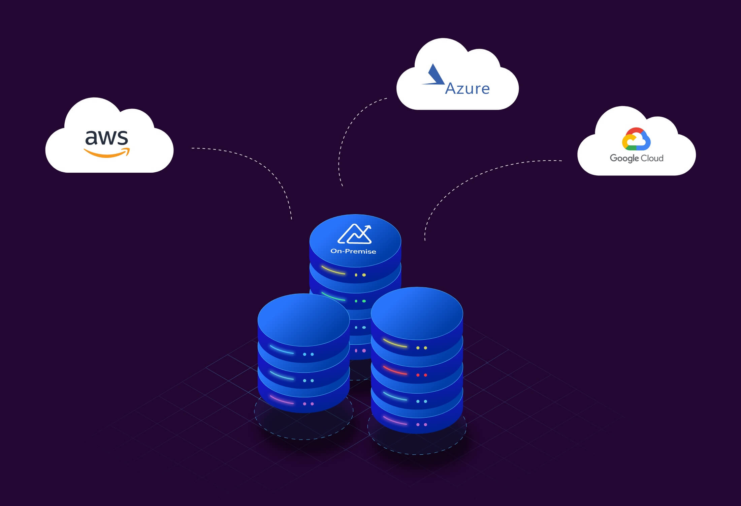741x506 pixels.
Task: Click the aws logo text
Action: [x=106, y=138]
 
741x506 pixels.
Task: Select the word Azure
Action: [x=467, y=88]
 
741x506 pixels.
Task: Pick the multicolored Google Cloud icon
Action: [x=636, y=139]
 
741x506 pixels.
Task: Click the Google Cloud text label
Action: [x=636, y=158]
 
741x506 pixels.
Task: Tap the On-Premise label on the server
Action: [x=353, y=251]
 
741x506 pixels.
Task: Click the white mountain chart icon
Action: [x=354, y=234]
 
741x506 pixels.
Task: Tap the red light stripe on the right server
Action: [x=395, y=370]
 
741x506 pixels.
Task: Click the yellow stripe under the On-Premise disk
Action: [x=333, y=271]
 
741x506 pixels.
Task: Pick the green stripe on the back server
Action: [x=333, y=297]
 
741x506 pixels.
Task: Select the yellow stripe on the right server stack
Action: [x=395, y=343]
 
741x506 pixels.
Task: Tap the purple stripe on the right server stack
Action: [x=395, y=421]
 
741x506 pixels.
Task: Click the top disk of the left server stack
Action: [x=303, y=319]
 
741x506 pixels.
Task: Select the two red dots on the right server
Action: [x=421, y=375]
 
